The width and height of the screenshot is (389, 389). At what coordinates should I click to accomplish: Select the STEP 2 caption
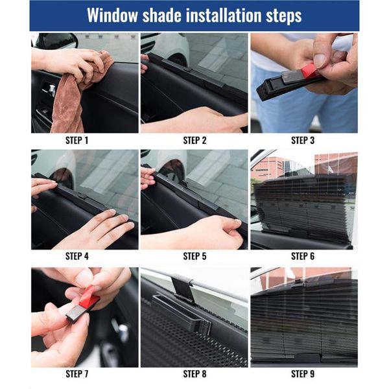point(194,140)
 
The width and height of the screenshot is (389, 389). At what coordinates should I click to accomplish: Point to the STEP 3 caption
point(303,140)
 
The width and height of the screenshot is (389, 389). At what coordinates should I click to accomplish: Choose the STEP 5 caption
point(194,256)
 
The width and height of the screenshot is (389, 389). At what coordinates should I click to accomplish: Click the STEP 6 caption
point(303,256)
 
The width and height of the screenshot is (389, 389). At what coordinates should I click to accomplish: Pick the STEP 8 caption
point(194,374)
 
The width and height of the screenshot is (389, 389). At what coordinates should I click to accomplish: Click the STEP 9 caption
point(303,374)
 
